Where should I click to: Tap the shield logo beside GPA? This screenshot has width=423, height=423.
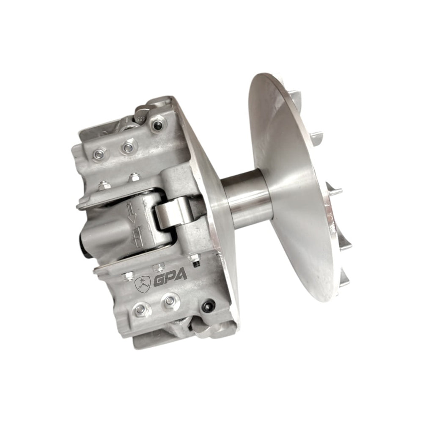tap(142, 285)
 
